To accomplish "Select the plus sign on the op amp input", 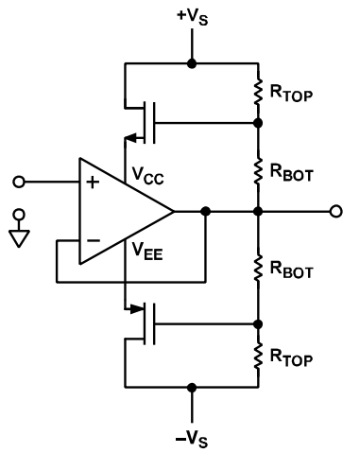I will click(92, 183).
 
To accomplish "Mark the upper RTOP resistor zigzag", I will click(258, 93).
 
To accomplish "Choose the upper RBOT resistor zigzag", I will click(258, 171).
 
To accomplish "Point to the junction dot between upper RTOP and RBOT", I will click(258, 122).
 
